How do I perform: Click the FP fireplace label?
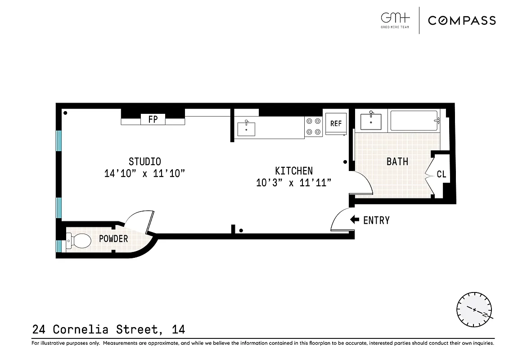point(153,120)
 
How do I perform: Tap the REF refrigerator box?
point(336,123)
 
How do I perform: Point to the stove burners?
point(314,126)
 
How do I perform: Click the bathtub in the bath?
point(414,121)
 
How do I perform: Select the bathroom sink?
point(371,121)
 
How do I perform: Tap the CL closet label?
point(441,174)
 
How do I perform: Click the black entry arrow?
point(355,220)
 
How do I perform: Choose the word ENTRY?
point(376,220)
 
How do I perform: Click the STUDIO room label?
point(145,162)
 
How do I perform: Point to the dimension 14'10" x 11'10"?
point(145,174)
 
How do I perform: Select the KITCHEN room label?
point(294,171)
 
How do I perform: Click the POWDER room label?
point(113,239)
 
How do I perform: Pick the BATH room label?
point(397,162)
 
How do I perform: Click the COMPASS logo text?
point(462,20)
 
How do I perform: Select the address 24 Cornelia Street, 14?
point(108,329)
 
